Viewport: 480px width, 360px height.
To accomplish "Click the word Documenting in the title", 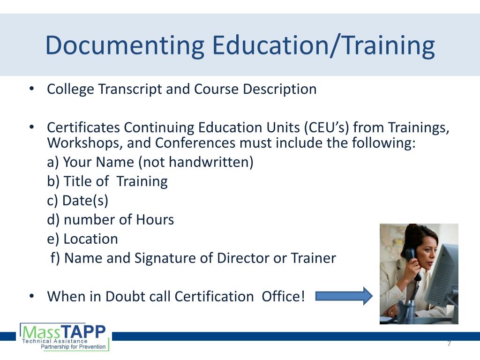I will tap(125, 45).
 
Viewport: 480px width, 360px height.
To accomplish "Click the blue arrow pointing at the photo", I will tap(344, 296).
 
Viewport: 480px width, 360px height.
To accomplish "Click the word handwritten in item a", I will tap(211, 162).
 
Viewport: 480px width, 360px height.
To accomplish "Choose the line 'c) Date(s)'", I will tap(78, 201).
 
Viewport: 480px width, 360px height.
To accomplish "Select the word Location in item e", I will tap(90, 239).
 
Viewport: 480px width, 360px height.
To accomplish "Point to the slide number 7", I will tap(449, 344).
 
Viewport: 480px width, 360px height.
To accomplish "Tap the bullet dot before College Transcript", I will tap(31, 89).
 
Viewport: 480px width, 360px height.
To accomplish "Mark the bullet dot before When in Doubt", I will tap(31, 296).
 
